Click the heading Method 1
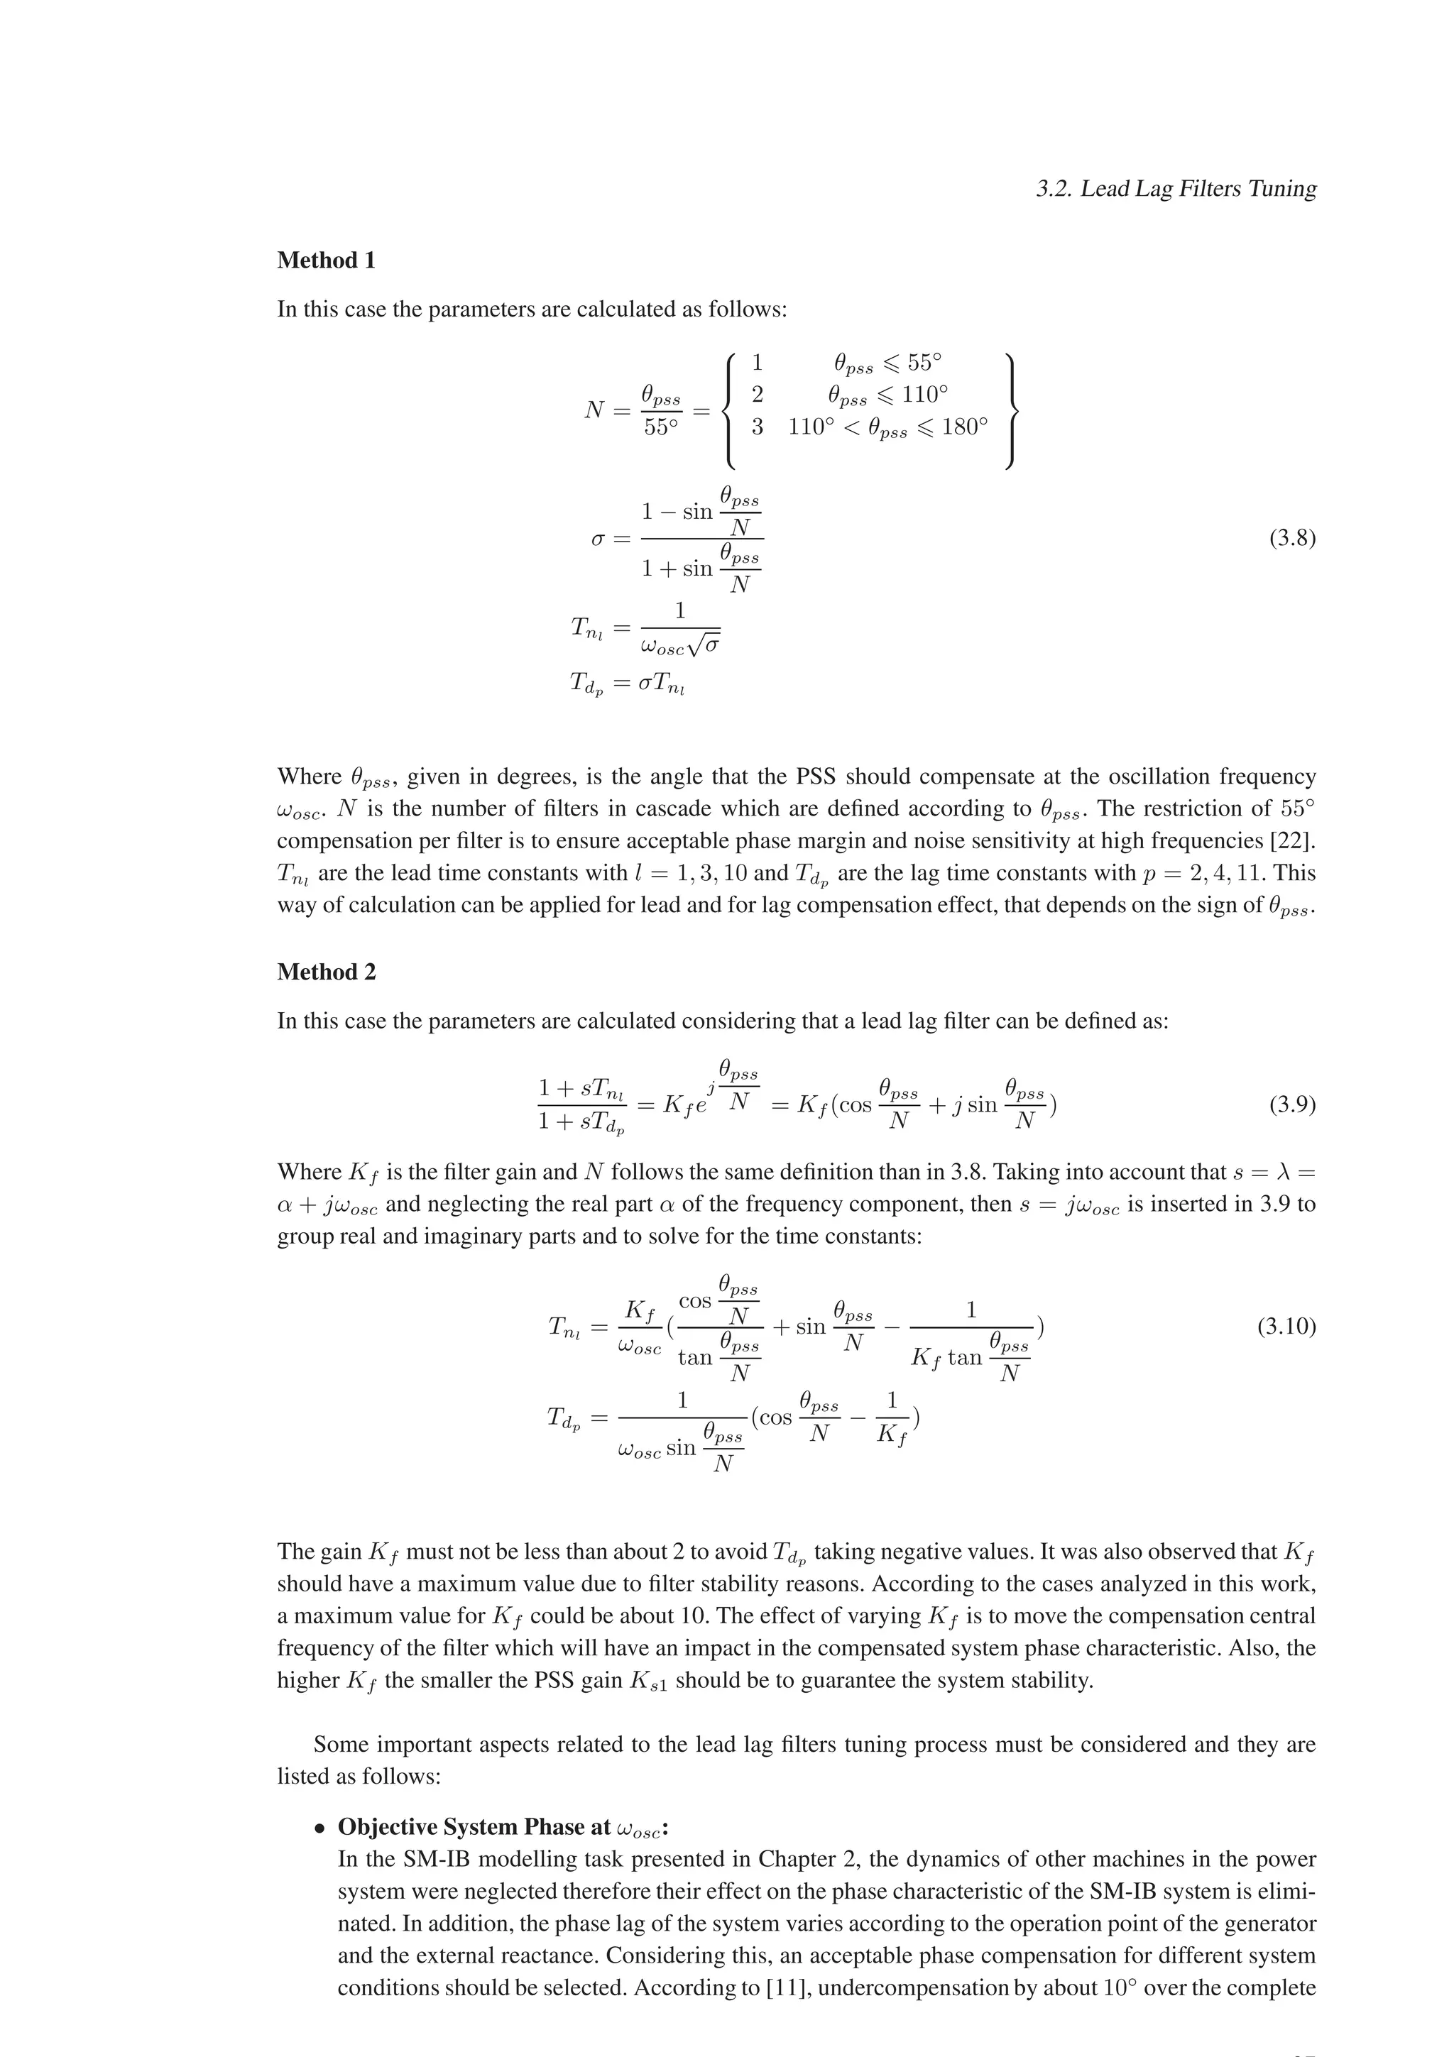coord(326,260)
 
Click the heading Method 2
coord(326,972)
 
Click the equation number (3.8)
coord(1292,539)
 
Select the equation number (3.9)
coord(1292,1104)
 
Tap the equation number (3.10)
coord(1286,1327)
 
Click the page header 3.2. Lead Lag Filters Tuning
coord(1176,189)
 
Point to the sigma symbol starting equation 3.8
coord(598,539)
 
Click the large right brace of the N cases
coord(1012,411)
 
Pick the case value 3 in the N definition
coord(757,427)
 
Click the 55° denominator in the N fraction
coord(660,428)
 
